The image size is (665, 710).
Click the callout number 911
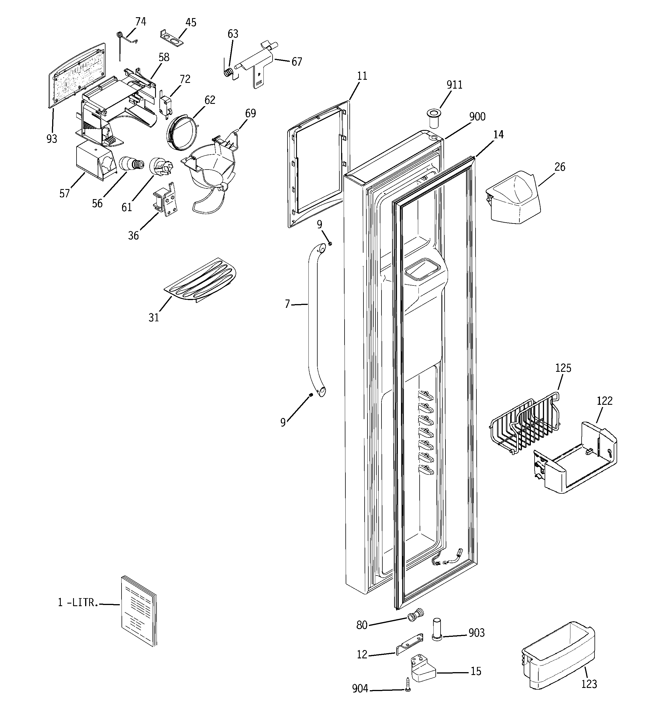coord(454,85)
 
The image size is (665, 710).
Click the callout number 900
coord(477,117)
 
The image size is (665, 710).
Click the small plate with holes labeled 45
coord(172,38)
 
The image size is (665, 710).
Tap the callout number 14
coord(498,135)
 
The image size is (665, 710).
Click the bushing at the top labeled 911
coord(433,119)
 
